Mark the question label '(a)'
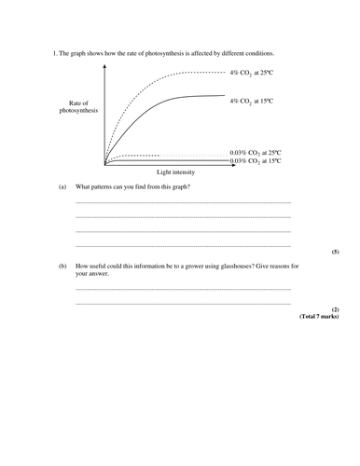(62, 187)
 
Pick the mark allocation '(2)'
(336, 309)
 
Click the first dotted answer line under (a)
(183, 203)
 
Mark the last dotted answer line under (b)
(183, 305)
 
